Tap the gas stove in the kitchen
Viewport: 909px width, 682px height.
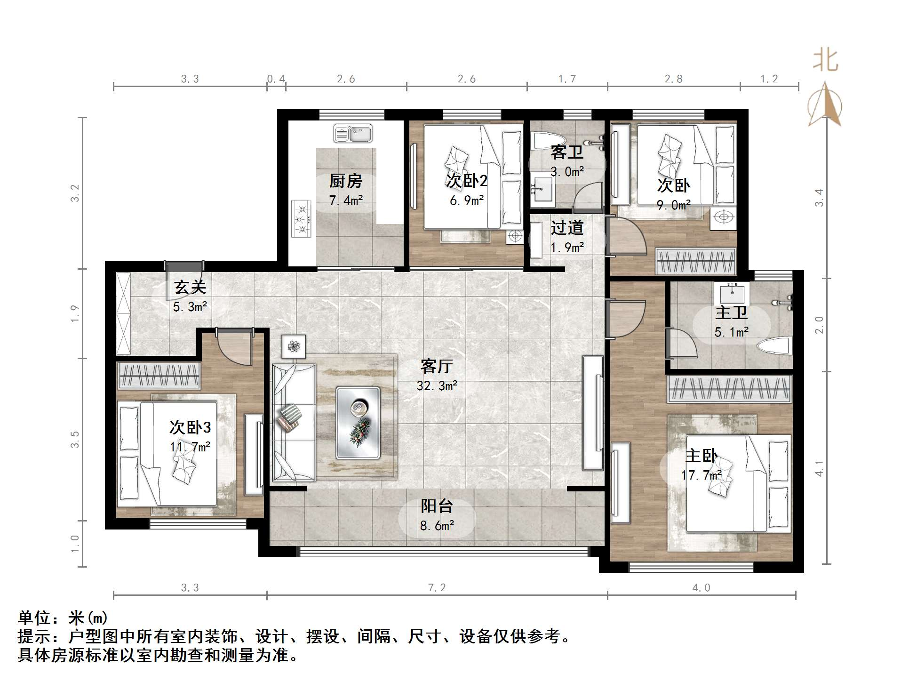301,218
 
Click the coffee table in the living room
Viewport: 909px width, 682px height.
358,423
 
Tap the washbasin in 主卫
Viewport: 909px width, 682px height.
732,294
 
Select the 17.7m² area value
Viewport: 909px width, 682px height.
701,475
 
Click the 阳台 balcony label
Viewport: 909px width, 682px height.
437,506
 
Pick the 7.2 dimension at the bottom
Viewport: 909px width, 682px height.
437,587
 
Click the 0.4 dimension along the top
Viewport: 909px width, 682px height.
276,79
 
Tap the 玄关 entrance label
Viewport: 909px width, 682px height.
190,287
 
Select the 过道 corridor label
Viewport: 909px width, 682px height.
567,228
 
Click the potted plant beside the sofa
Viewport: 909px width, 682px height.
294,347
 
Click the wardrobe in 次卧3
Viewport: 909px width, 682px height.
159,376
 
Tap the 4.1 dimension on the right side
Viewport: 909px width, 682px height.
819,468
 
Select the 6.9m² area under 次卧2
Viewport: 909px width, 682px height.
467,201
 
